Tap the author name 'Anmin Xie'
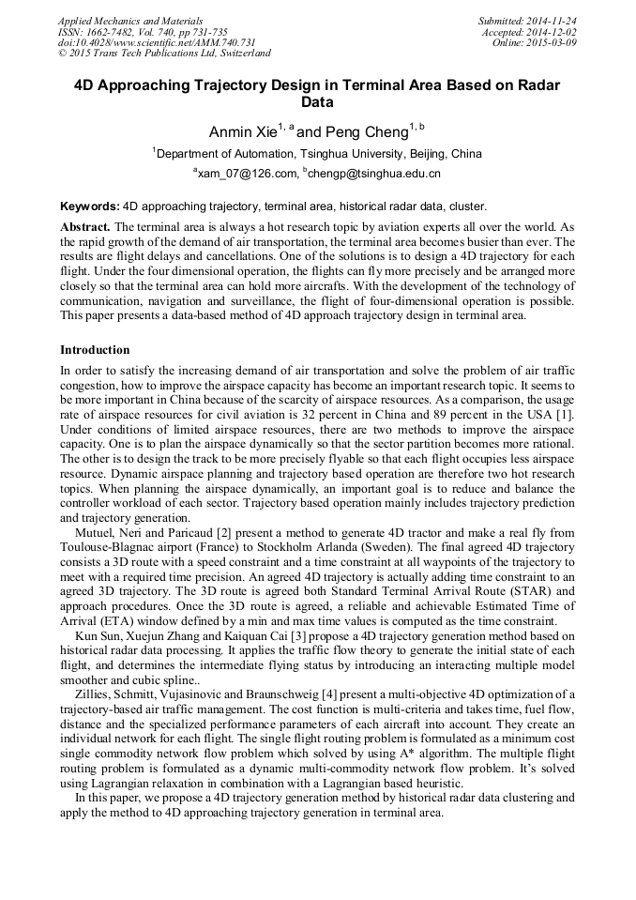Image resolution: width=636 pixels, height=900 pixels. [x=242, y=132]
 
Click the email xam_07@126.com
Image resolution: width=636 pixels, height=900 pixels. [x=250, y=174]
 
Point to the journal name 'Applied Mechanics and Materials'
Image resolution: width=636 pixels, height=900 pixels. [x=130, y=20]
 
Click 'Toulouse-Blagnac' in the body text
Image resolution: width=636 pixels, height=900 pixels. [x=105, y=547]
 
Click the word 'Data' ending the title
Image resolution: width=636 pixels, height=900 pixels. [x=317, y=102]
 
